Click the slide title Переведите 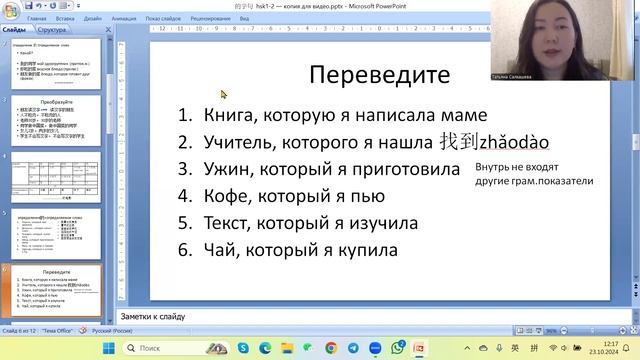click(x=378, y=75)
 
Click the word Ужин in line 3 click(x=225, y=169)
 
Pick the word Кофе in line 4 click(x=225, y=196)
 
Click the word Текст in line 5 click(x=228, y=223)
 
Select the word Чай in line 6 click(x=219, y=250)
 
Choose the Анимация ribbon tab click(x=125, y=18)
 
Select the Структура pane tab click(x=52, y=30)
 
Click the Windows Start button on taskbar click(x=110, y=348)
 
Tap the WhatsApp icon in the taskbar click(x=398, y=348)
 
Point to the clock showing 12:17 click(x=611, y=343)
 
